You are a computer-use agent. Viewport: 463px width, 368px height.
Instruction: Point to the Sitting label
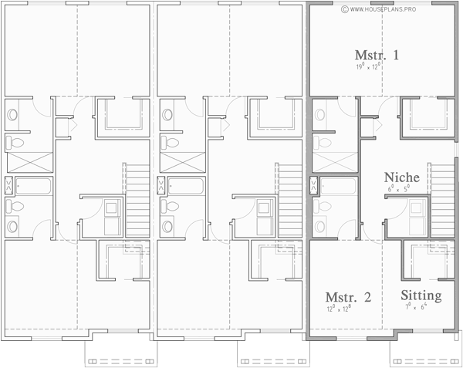421,296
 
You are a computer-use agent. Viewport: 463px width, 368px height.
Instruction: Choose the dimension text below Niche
400,187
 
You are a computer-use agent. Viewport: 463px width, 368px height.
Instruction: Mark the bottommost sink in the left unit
13,225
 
